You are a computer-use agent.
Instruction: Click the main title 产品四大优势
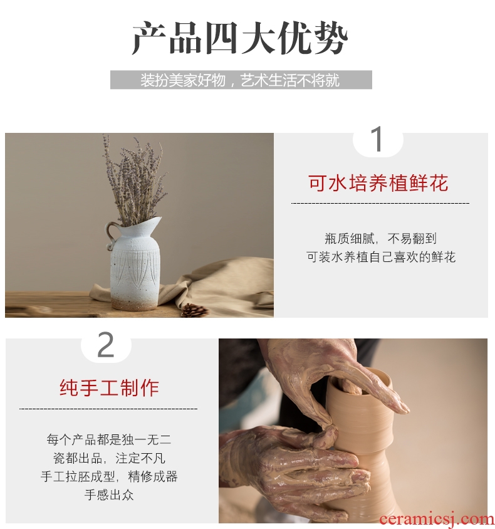[x=240, y=38]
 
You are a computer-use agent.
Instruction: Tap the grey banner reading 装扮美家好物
[x=241, y=80]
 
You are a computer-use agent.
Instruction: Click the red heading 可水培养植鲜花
[x=378, y=183]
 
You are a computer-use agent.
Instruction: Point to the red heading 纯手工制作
[x=109, y=387]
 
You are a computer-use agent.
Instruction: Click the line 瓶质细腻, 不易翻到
[x=380, y=239]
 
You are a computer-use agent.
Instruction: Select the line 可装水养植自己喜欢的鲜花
[x=381, y=257]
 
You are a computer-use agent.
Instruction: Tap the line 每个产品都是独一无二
[x=109, y=440]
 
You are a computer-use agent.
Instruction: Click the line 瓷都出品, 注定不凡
[x=109, y=458]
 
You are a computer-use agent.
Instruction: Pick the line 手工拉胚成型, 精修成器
[x=109, y=477]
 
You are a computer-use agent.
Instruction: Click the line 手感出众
[x=109, y=495]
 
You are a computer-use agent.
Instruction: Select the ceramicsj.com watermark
[x=437, y=520]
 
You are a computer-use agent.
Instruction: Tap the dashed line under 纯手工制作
[x=108, y=409]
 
